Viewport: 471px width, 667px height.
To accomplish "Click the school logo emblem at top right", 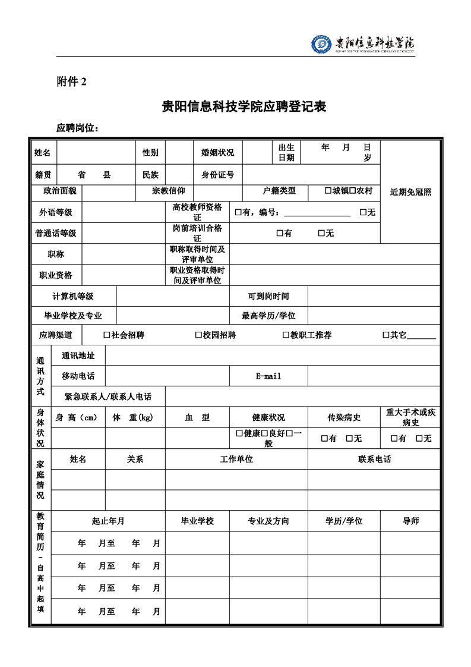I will coord(322,44).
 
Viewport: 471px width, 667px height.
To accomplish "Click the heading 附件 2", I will coord(71,83).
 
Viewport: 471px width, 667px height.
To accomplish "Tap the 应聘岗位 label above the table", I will coord(77,128).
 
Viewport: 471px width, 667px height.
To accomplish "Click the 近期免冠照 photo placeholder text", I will coord(410,192).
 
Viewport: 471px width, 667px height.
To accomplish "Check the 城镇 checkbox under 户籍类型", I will coord(328,191).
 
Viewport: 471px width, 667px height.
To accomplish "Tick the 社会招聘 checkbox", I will coord(107,335).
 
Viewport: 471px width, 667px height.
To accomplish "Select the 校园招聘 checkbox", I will coord(198,335).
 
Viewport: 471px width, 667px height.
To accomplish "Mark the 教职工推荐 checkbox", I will coord(286,335).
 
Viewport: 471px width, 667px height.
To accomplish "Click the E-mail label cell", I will coord(268,376).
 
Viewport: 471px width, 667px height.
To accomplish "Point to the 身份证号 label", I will coord(217,175).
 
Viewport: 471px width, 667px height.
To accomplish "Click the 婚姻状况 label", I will coord(217,153).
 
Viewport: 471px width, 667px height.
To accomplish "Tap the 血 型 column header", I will coord(197,417).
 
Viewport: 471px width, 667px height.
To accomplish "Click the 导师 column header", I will coord(410,521).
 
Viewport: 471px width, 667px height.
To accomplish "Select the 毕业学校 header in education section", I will coord(197,521).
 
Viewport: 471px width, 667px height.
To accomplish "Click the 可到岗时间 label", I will coord(268,296).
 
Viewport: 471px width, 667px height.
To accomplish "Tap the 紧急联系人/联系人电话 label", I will coord(108,397).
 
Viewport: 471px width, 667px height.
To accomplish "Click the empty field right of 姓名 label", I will coord(96,153).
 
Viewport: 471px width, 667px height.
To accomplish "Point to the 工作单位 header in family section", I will coord(236,460).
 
